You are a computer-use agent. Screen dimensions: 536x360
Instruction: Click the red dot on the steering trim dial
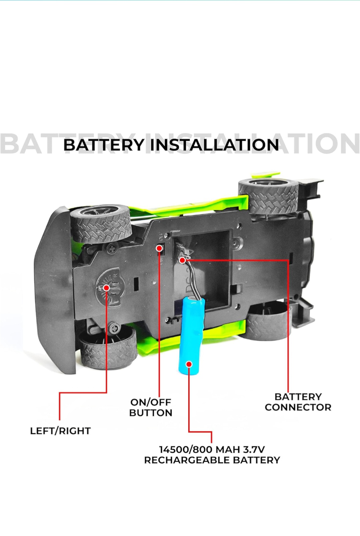click(x=106, y=288)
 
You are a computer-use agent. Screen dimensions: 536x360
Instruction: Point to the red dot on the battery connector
click(x=182, y=259)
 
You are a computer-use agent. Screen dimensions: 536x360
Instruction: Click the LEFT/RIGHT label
click(x=60, y=431)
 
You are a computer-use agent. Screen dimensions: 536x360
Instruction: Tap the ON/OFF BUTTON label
click(x=151, y=407)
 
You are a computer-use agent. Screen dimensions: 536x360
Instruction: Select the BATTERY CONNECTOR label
click(x=298, y=402)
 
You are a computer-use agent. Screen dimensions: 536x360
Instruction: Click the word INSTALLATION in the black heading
click(x=215, y=145)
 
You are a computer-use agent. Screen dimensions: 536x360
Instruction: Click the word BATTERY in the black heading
click(x=103, y=145)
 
